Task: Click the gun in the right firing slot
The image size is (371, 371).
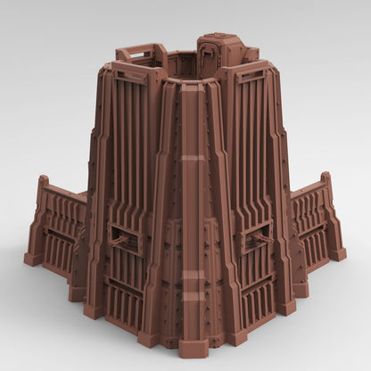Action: coord(261,237)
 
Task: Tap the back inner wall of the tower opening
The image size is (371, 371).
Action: coord(182,64)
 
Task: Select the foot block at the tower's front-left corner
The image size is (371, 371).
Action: coord(95,309)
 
